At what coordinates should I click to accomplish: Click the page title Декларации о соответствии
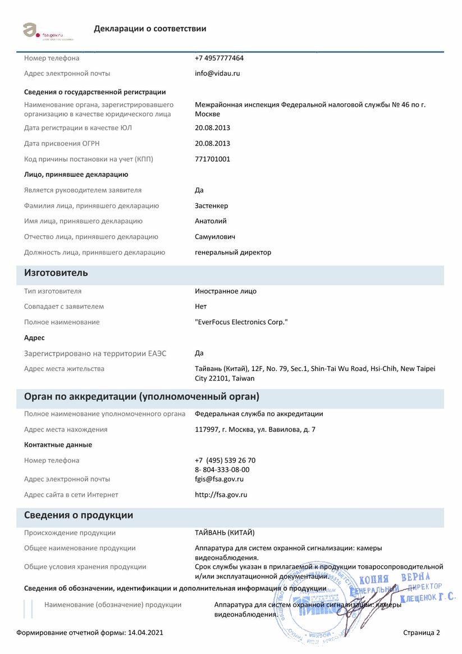[x=150, y=29]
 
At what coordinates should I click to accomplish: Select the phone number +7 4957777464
[x=219, y=58]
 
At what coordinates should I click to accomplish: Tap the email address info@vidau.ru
[x=217, y=74]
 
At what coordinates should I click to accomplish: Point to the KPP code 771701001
[x=212, y=159]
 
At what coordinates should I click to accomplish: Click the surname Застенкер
[x=211, y=205]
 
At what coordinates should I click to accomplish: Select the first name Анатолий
[x=211, y=221]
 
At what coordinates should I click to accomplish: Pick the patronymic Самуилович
[x=214, y=237]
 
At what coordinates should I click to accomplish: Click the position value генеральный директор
[x=233, y=253]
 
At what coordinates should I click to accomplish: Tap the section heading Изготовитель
[x=56, y=273]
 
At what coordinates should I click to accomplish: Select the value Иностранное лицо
[x=226, y=291]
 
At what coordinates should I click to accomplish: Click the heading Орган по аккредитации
[x=141, y=397]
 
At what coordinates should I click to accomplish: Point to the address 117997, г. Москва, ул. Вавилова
[x=255, y=429]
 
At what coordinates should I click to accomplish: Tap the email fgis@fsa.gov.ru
[x=219, y=479]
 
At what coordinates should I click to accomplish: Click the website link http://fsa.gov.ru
[x=221, y=495]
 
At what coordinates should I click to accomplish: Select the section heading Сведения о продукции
[x=79, y=515]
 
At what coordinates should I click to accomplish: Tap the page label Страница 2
[x=421, y=633]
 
